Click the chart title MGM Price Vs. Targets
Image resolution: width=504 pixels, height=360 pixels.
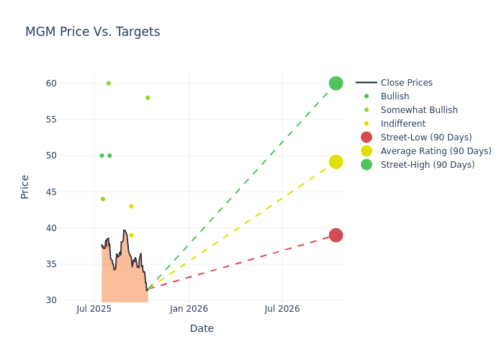click(x=92, y=32)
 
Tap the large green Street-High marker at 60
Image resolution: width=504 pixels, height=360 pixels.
click(x=336, y=84)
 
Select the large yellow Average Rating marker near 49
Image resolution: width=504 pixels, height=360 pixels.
click(x=336, y=162)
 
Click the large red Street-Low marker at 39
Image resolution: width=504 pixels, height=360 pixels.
click(x=336, y=235)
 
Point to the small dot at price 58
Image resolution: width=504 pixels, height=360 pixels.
click(x=148, y=98)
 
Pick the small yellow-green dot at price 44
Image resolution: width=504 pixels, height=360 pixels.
click(x=103, y=199)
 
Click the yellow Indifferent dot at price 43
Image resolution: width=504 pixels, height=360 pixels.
click(x=131, y=206)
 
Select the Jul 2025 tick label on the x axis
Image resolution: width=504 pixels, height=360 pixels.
click(x=94, y=309)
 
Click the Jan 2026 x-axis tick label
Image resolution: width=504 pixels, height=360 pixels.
click(x=189, y=309)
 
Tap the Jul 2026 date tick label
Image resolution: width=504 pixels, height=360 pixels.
click(x=282, y=309)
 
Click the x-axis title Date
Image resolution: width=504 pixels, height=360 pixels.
click(x=202, y=328)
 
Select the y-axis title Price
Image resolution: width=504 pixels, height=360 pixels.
click(x=25, y=186)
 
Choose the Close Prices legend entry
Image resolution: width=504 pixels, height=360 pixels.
click(x=406, y=83)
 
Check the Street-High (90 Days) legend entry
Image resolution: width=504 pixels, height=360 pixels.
click(x=428, y=165)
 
